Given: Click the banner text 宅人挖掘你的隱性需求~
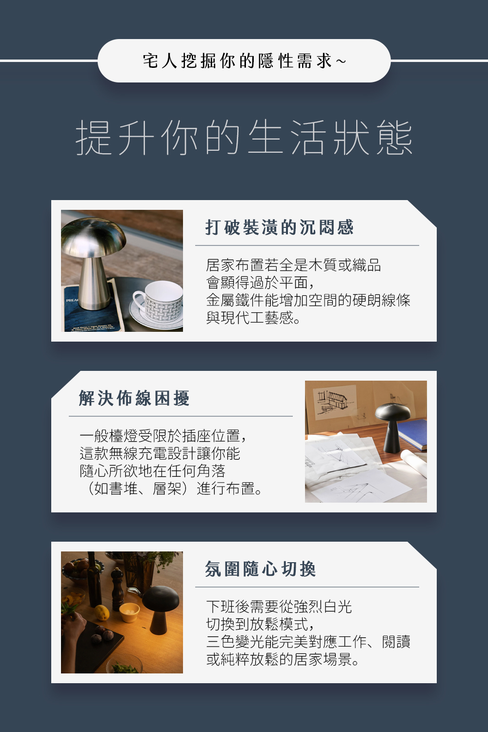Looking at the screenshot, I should click(x=244, y=61).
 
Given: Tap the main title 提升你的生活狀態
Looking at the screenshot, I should click(x=244, y=138).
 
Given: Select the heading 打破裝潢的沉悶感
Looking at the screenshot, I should click(x=279, y=227).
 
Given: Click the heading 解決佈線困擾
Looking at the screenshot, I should click(x=134, y=398).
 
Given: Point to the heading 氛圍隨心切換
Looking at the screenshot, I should click(x=261, y=569).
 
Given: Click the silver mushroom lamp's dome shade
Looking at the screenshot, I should click(x=93, y=238).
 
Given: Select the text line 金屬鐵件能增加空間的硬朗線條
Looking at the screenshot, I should click(x=308, y=300).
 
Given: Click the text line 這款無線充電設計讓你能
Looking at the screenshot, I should click(x=160, y=453).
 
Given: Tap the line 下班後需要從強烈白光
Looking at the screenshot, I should click(x=279, y=607).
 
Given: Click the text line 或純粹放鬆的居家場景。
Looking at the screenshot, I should click(x=283, y=659).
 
